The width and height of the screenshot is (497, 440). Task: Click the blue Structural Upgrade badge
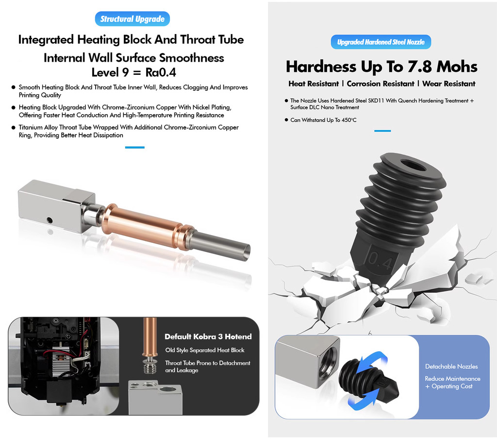pos(133,19)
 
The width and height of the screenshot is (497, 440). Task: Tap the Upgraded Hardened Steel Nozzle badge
pos(381,42)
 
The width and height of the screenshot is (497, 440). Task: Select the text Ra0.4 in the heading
pos(161,72)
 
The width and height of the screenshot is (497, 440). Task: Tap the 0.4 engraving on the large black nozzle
pos(381,261)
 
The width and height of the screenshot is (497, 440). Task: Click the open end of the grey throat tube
pos(246,252)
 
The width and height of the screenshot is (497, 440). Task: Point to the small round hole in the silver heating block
pos(50,220)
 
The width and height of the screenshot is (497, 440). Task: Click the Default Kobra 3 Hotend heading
pos(208,337)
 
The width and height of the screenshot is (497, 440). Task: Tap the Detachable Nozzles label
pos(451,366)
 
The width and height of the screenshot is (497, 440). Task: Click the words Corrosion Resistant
pos(381,84)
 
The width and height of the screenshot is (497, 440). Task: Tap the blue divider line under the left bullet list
pos(135,148)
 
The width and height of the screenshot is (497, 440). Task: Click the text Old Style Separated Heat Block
pos(205,350)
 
